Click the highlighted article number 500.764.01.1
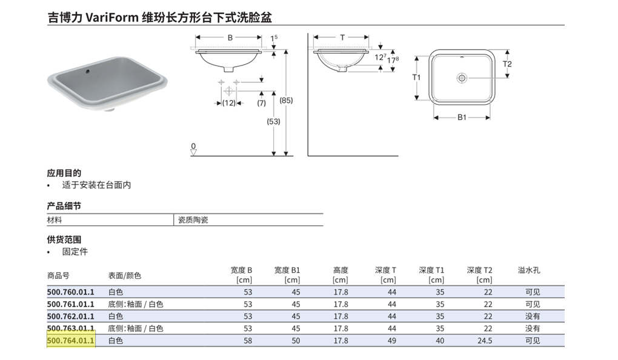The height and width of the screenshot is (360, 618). pos(71,341)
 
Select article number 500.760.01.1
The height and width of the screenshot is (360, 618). pos(71,292)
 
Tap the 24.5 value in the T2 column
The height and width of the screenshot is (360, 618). pos(485,341)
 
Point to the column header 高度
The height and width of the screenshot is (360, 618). pos(341,270)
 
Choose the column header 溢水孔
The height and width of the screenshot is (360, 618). pos(528,270)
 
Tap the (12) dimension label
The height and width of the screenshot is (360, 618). pos(228,103)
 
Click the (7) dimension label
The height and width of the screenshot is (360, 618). pos(261,103)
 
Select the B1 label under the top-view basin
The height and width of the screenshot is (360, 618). pos(462,118)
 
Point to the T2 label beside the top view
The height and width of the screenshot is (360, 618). pos(508,64)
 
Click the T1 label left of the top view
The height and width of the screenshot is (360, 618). pos(416,78)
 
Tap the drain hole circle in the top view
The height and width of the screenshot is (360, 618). pos(462,78)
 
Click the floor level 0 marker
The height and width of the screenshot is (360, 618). pos(193,146)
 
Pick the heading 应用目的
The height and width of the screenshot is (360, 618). pos(64,173)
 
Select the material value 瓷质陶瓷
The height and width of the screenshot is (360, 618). pos(193,220)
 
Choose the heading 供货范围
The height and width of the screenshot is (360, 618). pos(64,239)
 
